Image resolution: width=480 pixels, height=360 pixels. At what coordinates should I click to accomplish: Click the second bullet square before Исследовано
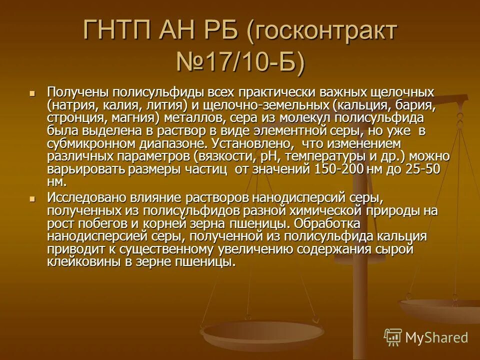click(32, 198)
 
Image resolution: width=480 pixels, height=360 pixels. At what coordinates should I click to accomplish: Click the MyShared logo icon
click(392, 337)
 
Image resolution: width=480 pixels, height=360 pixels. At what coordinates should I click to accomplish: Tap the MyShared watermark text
click(436, 337)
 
